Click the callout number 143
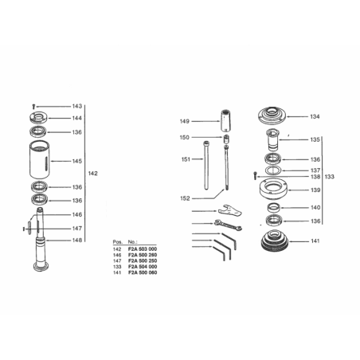pos(77,106)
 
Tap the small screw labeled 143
pos(33,107)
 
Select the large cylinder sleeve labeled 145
pos(40,160)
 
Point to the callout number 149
pos(185,121)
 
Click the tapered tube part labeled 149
pos(225,120)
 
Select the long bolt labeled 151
pos(206,166)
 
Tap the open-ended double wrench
pos(228,225)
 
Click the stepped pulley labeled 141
pos(274,241)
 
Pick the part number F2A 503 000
pos(143,249)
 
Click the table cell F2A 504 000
pos(143,267)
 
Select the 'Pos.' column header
pos(118,242)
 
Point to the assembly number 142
pos(93,174)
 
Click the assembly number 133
pos(330,177)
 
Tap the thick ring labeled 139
pos(273,190)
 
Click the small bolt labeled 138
pos(256,176)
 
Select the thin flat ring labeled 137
pos(273,170)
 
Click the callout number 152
pos(185,198)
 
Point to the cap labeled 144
pos(39,117)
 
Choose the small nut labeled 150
pos(226,139)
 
